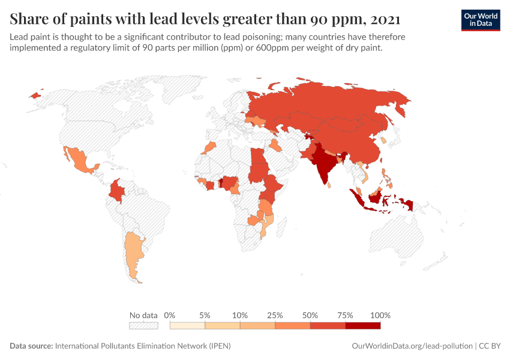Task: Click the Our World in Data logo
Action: click(x=480, y=20)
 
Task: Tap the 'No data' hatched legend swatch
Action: click(x=143, y=326)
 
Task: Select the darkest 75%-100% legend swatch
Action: click(x=362, y=326)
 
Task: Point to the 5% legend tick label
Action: click(x=205, y=315)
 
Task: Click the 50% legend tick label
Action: click(x=310, y=315)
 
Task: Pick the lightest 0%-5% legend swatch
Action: click(x=187, y=326)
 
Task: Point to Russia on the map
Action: click(x=336, y=105)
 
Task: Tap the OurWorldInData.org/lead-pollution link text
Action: click(x=411, y=346)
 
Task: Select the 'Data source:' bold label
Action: click(x=31, y=346)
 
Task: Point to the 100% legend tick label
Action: click(x=380, y=315)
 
